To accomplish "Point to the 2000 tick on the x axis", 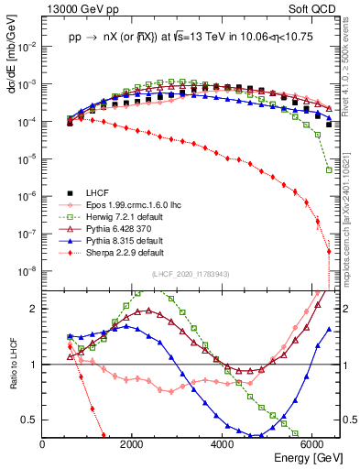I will pyautogui.click(x=133, y=441).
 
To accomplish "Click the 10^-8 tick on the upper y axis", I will pyautogui.click(x=29, y=271).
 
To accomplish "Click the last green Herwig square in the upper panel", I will pyautogui.click(x=329, y=169).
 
